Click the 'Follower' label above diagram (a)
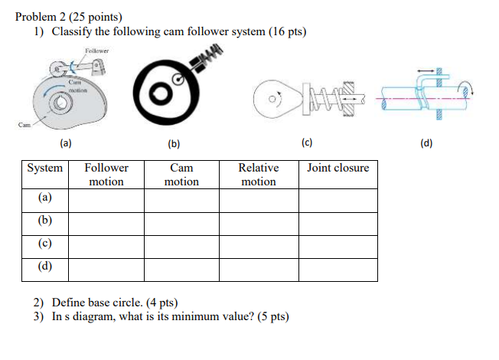pos(97,51)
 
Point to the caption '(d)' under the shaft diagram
pos(426,142)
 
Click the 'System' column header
pos(45,168)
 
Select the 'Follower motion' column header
pos(106,175)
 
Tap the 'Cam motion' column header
pos(181,175)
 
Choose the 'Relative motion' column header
pos(259,175)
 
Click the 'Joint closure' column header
pos(338,168)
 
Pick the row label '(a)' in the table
pos(45,198)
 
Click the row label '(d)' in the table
pos(45,267)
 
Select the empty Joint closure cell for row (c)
pos(338,245)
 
